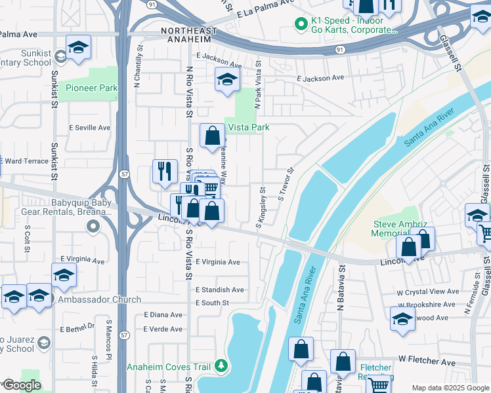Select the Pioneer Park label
click(91, 88)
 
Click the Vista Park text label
click(248, 128)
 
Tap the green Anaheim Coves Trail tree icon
click(223, 365)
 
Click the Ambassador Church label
click(99, 300)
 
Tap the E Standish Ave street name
click(219, 290)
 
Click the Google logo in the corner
click(21, 385)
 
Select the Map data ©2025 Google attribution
click(450, 388)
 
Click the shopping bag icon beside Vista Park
click(212, 136)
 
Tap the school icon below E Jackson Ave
click(227, 80)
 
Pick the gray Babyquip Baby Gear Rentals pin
click(93, 227)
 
